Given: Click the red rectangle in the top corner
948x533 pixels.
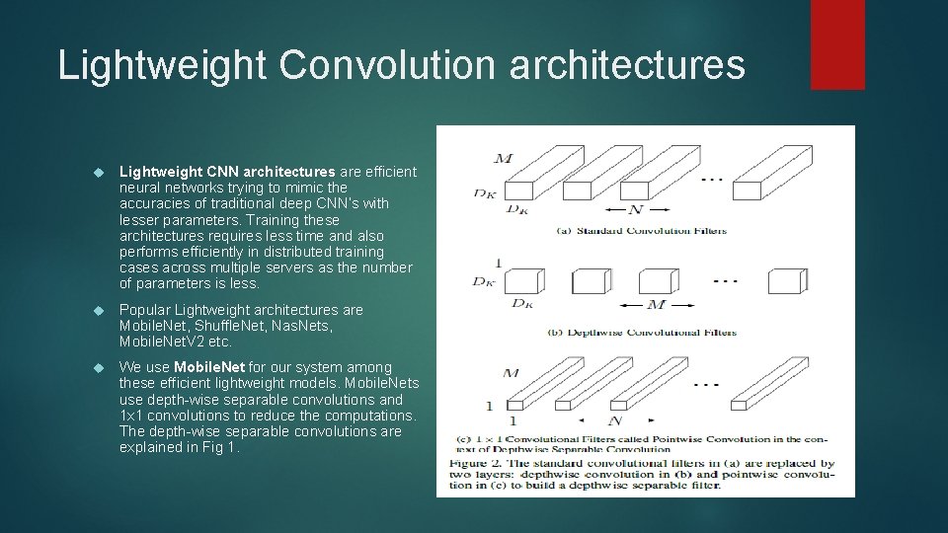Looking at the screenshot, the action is coord(837,44).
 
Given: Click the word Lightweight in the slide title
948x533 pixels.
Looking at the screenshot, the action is coord(162,65).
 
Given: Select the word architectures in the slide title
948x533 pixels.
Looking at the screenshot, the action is coord(628,64).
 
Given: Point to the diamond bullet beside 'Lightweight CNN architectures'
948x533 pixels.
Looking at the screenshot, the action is coord(99,172).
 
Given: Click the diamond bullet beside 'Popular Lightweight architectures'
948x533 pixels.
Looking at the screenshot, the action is coord(99,311).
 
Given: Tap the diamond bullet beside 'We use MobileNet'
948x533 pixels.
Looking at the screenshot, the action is coord(99,367).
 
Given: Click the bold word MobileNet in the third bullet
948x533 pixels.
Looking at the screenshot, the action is coord(209,367).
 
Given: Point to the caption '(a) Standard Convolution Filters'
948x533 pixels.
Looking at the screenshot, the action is coord(641,231).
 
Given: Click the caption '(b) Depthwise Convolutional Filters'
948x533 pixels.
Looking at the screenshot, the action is coord(642,333).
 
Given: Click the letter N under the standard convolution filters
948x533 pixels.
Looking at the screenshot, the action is coord(635,209).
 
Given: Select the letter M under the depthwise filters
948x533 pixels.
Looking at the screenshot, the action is coord(656,305).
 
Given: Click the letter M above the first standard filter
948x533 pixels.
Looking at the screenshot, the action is coord(503,158).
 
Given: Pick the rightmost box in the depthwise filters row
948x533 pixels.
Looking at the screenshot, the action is coord(788,281).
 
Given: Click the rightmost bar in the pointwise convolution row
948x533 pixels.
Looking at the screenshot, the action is coord(769,383).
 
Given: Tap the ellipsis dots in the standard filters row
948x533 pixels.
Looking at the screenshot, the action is coord(712,180).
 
